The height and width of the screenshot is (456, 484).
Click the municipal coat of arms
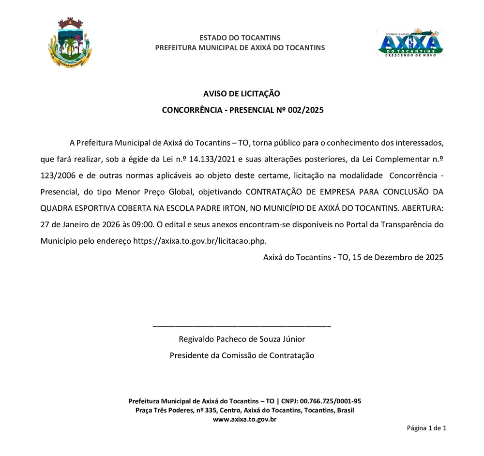point(70,42)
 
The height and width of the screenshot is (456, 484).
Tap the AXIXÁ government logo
point(410,43)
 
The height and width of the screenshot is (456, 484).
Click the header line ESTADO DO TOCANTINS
point(240,38)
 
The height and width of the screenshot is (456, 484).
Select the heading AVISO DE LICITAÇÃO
point(242,93)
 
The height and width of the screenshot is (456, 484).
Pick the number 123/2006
point(57,175)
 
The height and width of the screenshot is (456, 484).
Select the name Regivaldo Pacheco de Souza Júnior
point(242,339)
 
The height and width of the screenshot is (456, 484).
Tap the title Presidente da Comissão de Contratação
point(242,355)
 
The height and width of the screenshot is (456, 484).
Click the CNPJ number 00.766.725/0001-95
point(331,401)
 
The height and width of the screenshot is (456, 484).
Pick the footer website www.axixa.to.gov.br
point(244,419)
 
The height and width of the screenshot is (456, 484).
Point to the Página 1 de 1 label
point(426,428)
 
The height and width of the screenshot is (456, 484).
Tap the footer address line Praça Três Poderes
point(244,410)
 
